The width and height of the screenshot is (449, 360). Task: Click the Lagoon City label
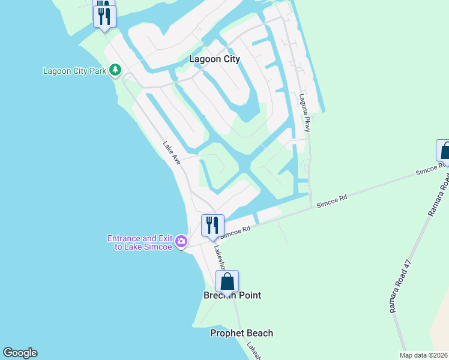pyautogui.click(x=214, y=59)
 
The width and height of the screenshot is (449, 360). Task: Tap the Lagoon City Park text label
pyautogui.click(x=74, y=71)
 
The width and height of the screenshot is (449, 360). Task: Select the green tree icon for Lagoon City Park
pyautogui.click(x=115, y=71)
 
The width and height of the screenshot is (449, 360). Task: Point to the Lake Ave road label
pyautogui.click(x=172, y=153)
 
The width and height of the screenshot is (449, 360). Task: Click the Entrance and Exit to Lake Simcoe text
pyautogui.click(x=140, y=242)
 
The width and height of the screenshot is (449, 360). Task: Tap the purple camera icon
pyautogui.click(x=181, y=242)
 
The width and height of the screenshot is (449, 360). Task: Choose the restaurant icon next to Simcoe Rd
pyautogui.click(x=212, y=226)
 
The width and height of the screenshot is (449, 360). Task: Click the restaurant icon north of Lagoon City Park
pyautogui.click(x=104, y=13)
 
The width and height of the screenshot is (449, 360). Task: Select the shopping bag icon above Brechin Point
pyautogui.click(x=228, y=281)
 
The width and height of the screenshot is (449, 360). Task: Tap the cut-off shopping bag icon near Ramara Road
pyautogui.click(x=444, y=151)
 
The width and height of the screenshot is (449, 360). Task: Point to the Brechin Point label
pyautogui.click(x=232, y=295)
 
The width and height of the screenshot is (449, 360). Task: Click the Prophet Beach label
pyautogui.click(x=241, y=333)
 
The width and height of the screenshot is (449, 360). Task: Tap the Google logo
pyautogui.click(x=20, y=353)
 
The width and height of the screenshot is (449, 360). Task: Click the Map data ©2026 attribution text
pyautogui.click(x=423, y=355)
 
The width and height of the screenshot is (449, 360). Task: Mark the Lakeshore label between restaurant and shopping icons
pyautogui.click(x=219, y=256)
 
